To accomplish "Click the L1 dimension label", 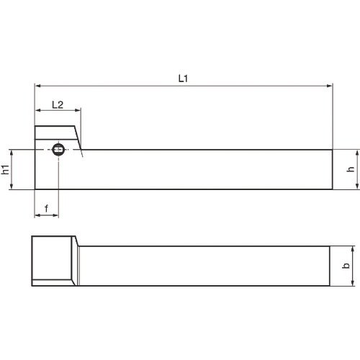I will (x=183, y=78).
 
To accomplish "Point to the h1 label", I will (x=5, y=170).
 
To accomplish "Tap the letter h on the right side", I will (x=351, y=170).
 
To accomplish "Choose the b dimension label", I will (x=346, y=266).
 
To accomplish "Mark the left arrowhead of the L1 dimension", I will (x=37, y=86).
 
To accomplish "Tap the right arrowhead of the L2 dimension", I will (x=78, y=111).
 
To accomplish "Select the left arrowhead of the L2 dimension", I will (x=37, y=111).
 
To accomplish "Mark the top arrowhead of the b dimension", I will (x=352, y=249).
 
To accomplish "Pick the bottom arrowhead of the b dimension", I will (x=352, y=284).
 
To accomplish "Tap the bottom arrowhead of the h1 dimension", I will (x=13, y=187).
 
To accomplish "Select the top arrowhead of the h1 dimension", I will (x=13, y=153).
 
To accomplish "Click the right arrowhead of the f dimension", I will (x=56, y=215).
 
